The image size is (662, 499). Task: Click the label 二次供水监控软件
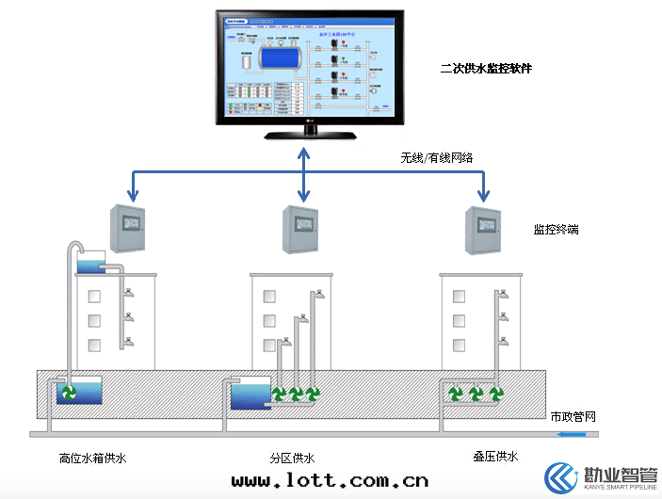(x=486, y=69)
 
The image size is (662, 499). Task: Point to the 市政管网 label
(x=573, y=415)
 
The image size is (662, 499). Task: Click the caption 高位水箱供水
(x=91, y=459)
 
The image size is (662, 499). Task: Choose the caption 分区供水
(x=291, y=459)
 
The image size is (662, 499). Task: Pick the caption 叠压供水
(x=494, y=457)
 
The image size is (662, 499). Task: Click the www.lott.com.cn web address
(x=330, y=481)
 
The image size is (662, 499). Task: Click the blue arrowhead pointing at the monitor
(x=303, y=151)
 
